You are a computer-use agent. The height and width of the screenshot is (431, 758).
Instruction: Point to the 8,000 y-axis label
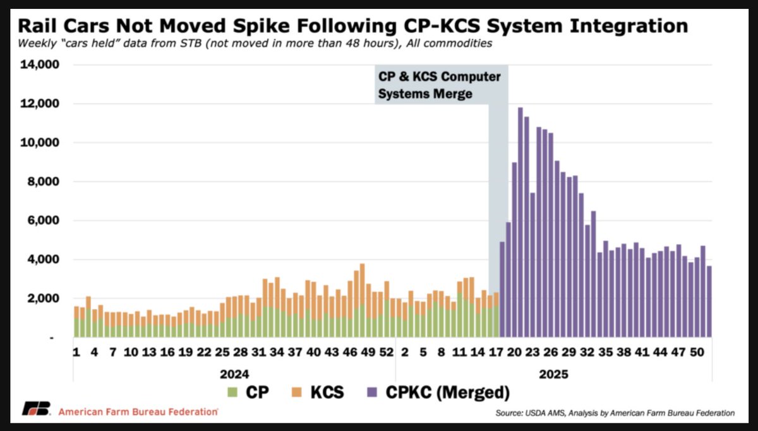(x=40, y=182)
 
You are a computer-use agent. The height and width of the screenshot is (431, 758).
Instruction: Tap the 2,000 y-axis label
(x=40, y=298)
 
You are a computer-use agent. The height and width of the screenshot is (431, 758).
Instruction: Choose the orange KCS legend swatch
(x=296, y=393)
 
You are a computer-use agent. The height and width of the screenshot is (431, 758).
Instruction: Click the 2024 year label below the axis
(x=234, y=374)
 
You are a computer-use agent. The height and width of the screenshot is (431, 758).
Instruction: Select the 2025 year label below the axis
(x=554, y=374)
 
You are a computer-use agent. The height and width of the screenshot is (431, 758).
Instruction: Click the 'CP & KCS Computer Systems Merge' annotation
(x=440, y=85)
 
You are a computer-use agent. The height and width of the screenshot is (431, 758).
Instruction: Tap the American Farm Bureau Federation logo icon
(x=35, y=409)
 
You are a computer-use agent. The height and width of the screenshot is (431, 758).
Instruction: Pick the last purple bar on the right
(x=709, y=301)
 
